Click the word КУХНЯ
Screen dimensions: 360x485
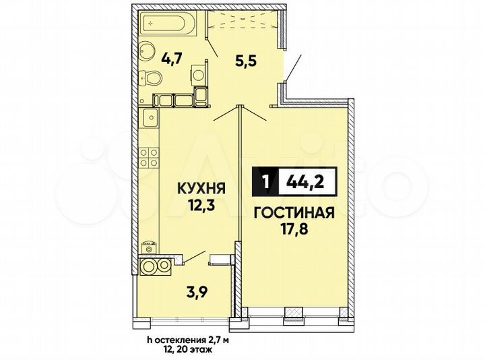click(201, 188)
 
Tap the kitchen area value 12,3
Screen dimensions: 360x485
click(201, 206)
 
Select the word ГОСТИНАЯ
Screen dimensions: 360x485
click(294, 214)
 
